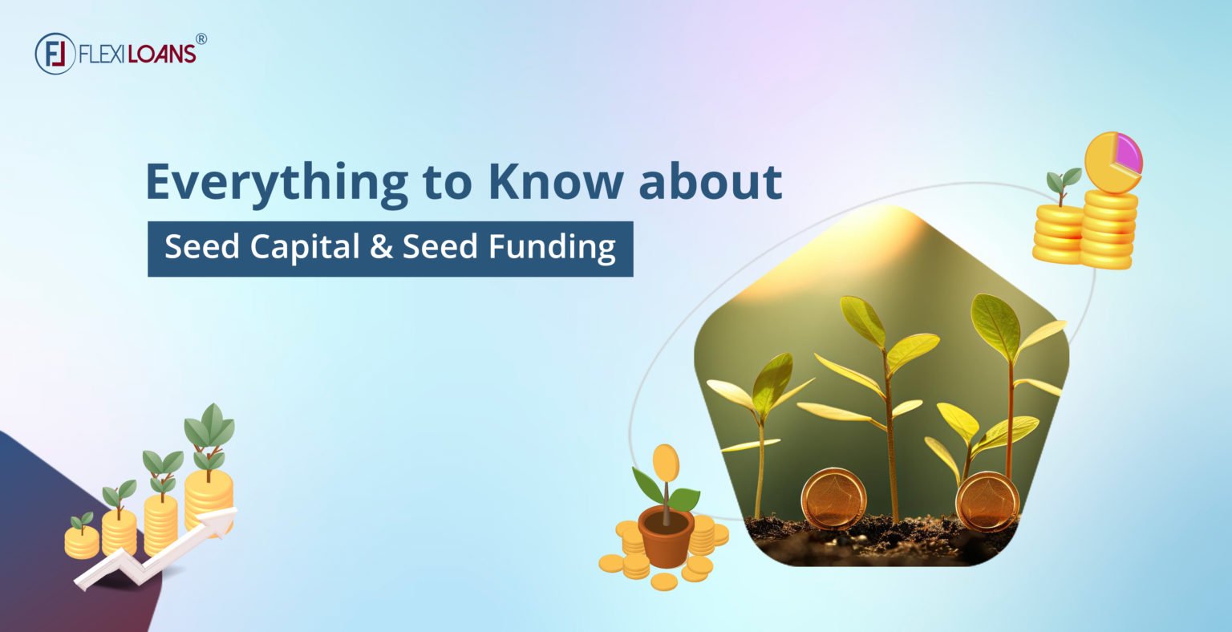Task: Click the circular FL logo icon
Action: tap(55, 54)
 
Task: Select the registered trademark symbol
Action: tap(201, 38)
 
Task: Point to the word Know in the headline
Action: tap(554, 182)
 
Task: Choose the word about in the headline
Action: tap(710, 182)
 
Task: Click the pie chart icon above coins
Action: tap(1112, 162)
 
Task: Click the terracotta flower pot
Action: tap(666, 537)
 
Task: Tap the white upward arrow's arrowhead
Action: tap(225, 517)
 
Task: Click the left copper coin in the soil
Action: tap(834, 497)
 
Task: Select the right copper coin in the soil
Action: tap(987, 501)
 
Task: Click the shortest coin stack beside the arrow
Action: tap(82, 541)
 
